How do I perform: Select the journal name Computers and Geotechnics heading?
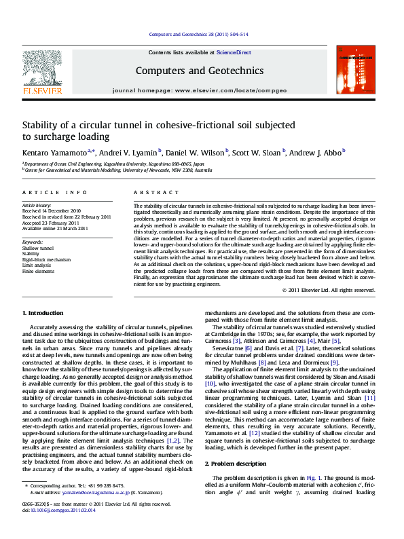pyautogui.click(x=199, y=70)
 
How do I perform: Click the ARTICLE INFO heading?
pyautogui.click(x=55, y=193)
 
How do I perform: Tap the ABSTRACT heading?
pyautogui.click(x=150, y=193)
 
